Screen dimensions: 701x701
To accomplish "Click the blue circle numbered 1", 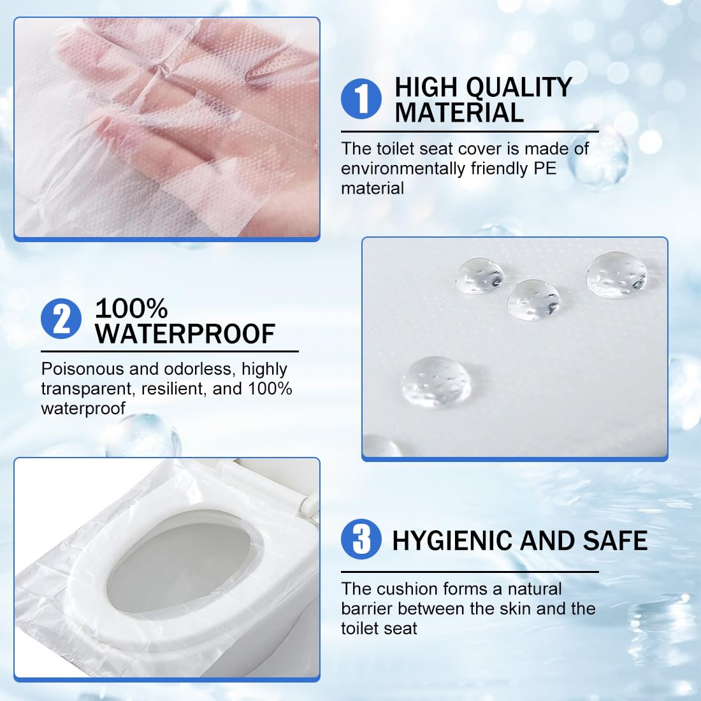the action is click(x=361, y=99).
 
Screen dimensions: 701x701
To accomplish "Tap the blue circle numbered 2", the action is click(x=61, y=319).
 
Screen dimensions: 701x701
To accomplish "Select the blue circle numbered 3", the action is click(x=361, y=538).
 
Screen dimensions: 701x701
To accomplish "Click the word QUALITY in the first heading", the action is click(x=519, y=88).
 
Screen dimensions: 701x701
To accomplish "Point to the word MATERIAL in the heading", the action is click(x=459, y=112).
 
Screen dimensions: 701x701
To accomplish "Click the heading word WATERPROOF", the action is click(x=185, y=333).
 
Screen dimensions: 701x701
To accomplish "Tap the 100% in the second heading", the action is click(x=131, y=308).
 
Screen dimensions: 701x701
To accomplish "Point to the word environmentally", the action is click(x=403, y=170).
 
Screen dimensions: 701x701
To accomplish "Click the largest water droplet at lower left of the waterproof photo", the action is click(x=437, y=381).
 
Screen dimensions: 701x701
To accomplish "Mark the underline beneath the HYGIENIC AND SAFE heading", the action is click(x=470, y=572).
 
